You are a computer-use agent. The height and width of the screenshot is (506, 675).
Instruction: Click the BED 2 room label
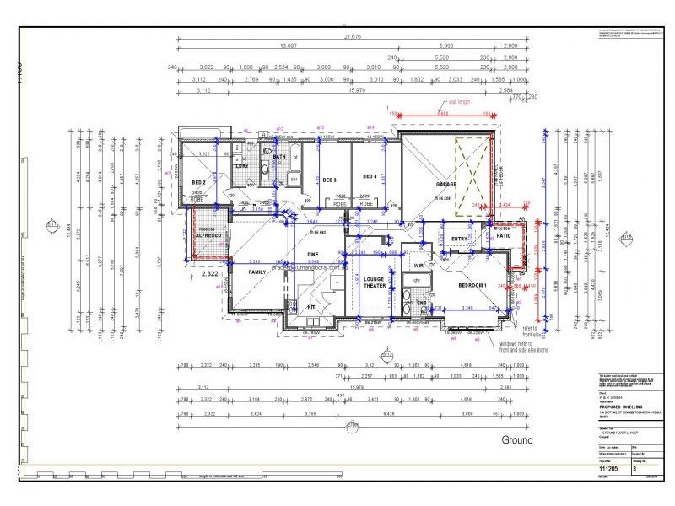[x=199, y=182]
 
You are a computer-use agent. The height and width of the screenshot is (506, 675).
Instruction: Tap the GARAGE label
[x=446, y=184]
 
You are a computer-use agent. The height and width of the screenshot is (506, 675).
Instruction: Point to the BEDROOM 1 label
[x=472, y=285]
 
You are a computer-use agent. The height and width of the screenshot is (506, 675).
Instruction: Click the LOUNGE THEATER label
[x=373, y=283]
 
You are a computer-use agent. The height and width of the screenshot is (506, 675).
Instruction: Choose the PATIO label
[x=505, y=236]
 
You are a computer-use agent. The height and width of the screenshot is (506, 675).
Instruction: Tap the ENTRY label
[x=459, y=240]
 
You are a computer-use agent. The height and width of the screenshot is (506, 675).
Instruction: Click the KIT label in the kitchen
[x=310, y=307]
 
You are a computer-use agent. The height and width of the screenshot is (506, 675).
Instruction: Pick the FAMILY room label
[x=257, y=272]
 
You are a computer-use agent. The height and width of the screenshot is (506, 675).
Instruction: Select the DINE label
[x=312, y=254]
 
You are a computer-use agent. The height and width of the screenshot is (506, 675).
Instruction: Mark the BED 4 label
[x=369, y=176]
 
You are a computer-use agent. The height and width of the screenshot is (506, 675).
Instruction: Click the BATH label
[x=279, y=158]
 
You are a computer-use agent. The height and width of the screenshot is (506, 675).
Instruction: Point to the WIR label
[x=418, y=266]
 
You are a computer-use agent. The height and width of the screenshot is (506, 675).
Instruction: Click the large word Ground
[x=517, y=439]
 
